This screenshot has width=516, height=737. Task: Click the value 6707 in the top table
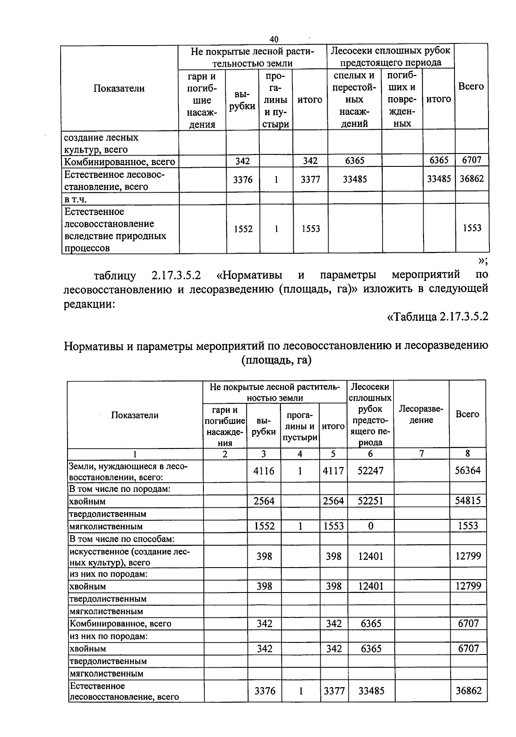coord(471,160)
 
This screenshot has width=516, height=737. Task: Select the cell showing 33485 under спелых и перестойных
coord(355,179)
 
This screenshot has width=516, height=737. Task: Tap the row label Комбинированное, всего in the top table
coord(120,162)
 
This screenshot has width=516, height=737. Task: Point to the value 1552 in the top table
coord(243,229)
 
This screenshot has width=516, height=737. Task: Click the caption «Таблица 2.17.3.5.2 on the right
coord(438,317)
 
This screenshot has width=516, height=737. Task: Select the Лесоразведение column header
coord(421,414)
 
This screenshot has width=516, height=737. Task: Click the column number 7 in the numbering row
coord(421,454)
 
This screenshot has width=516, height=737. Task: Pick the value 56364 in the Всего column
coord(468,470)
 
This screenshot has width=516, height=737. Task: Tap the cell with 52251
coord(370,501)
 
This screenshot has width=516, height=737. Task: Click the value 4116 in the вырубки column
coord(264,471)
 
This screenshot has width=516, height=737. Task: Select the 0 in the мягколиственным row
coord(371,526)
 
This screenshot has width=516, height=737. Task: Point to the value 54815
coord(468,501)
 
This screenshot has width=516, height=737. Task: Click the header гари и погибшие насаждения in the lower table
coord(224,426)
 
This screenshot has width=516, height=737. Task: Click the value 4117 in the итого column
coord(333,471)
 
